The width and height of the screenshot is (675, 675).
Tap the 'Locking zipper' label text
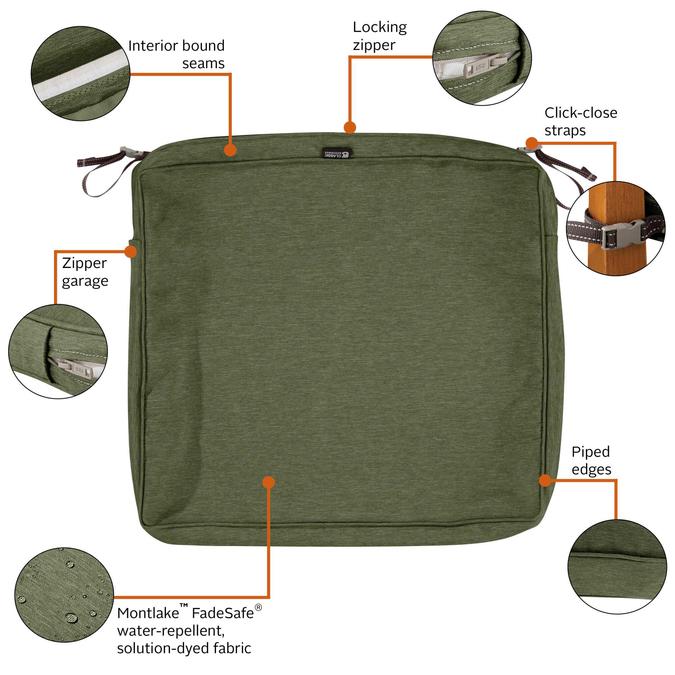379,36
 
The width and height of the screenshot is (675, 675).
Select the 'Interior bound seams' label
177,54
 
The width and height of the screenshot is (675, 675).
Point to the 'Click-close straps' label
580,121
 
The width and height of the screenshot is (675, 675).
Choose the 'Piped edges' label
591,460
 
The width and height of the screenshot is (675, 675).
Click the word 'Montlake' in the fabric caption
148,613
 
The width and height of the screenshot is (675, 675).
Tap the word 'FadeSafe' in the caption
223,613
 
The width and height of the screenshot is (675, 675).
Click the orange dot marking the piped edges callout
545,480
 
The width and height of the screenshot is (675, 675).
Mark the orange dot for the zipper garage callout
130,251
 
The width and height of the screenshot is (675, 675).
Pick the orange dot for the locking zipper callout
350,127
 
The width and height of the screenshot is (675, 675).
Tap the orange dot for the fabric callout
268,482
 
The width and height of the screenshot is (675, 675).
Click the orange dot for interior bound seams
230,150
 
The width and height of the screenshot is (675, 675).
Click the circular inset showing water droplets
64,595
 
